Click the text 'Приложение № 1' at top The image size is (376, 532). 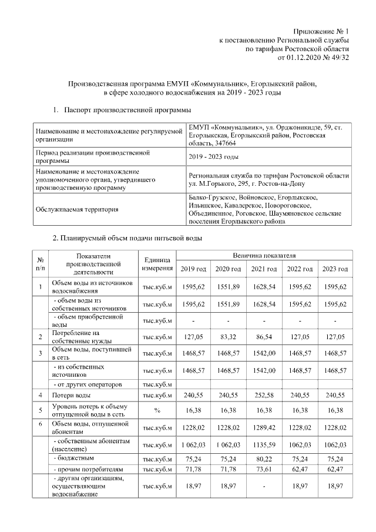point(321,31)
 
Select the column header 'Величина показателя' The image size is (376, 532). point(264,256)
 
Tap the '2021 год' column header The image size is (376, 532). point(264,269)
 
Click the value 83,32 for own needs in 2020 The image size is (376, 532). point(229,337)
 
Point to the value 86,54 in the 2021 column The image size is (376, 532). point(264,337)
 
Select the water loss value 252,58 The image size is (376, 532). point(264,396)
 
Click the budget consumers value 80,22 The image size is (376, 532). point(264,457)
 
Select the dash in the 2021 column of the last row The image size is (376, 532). point(264,487)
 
